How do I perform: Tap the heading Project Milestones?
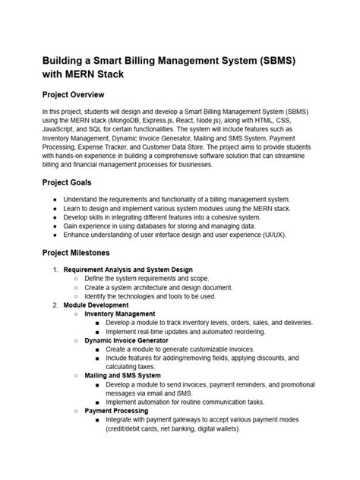pyautogui.click(x=85, y=252)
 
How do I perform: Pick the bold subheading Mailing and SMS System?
pyautogui.click(x=122, y=374)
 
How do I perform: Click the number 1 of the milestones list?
pyautogui.click(x=54, y=270)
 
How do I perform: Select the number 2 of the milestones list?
pyautogui.click(x=54, y=304)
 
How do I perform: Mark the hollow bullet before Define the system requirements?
pyautogui.click(x=77, y=278)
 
